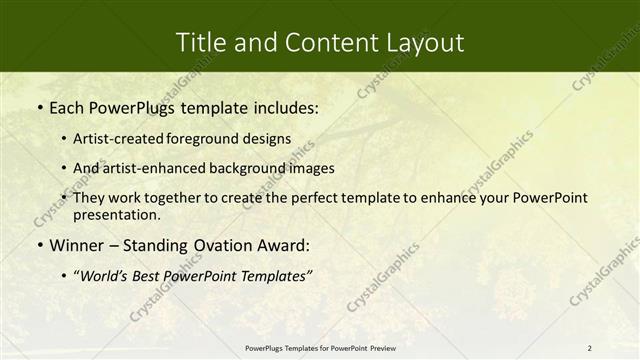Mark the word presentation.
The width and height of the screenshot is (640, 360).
pyautogui.click(x=116, y=214)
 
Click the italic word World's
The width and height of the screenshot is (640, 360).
pyautogui.click(x=108, y=275)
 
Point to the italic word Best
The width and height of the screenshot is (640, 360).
pyautogui.click(x=156, y=275)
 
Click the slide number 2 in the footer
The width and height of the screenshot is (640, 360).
pyautogui.click(x=590, y=347)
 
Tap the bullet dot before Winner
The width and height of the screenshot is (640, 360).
pyautogui.click(x=38, y=246)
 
